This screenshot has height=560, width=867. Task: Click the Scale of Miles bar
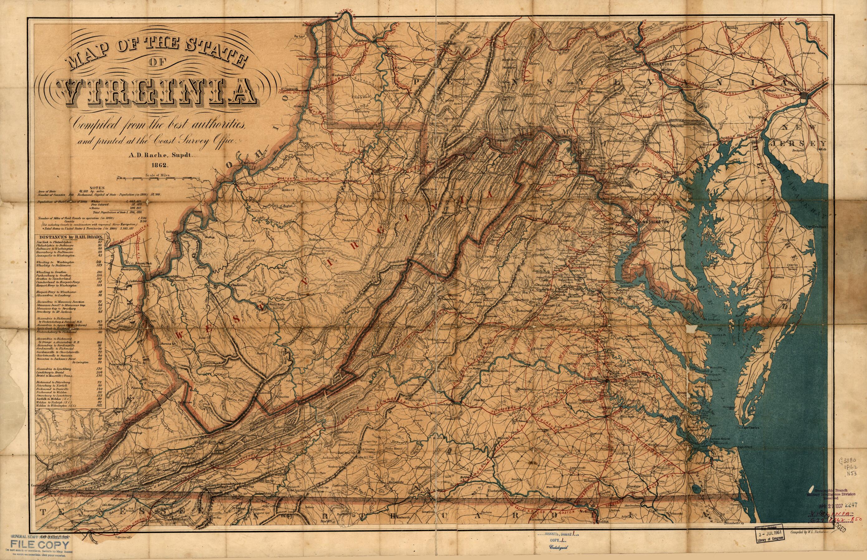tap(158, 179)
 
